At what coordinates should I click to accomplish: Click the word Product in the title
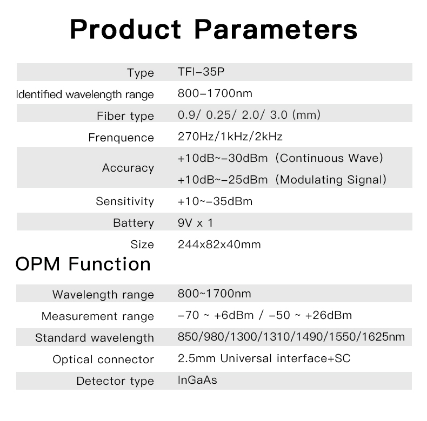125,29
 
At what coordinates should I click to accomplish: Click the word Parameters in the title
276,29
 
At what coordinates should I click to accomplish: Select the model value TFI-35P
201,72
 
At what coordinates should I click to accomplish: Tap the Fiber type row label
125,116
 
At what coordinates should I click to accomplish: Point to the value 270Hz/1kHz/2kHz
230,137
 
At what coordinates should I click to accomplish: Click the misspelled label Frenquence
121,138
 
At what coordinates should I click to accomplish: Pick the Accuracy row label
128,168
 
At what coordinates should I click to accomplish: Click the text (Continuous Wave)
329,158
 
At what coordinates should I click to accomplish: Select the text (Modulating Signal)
331,180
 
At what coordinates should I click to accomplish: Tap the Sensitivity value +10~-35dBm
215,201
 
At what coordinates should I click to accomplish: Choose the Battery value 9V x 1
195,223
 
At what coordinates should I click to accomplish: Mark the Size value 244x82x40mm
219,245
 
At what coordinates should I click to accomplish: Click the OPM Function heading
83,264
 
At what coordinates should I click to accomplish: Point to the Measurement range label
98,316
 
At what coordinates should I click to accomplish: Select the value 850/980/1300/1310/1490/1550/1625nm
291,337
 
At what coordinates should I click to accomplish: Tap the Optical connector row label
103,359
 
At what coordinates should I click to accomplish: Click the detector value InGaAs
197,380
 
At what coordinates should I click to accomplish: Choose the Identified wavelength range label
85,94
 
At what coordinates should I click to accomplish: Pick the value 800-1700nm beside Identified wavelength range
215,93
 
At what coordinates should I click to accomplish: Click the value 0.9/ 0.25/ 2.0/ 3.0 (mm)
249,115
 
